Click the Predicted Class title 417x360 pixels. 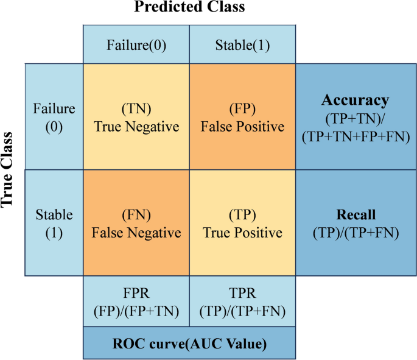[x=189, y=8]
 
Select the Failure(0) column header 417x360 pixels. [x=136, y=45]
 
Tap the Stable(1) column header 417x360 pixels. [x=242, y=45]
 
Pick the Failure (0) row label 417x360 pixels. [x=54, y=117]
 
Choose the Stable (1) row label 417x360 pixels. [x=54, y=223]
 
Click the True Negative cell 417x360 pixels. [x=136, y=118]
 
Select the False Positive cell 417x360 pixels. [x=242, y=118]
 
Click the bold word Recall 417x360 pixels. [x=356, y=215]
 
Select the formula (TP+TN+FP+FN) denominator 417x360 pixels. [x=356, y=138]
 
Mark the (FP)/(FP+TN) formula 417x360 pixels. [x=136, y=311]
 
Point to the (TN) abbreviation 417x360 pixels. [x=136, y=110]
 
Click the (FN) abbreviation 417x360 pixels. [x=136, y=216]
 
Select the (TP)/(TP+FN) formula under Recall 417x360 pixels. [x=356, y=232]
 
